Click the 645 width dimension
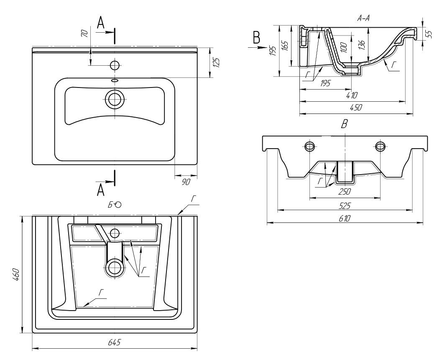(x=114, y=342)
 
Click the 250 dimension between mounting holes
(x=344, y=192)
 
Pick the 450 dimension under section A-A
(x=355, y=107)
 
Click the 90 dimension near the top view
(x=186, y=181)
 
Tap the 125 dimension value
(x=216, y=62)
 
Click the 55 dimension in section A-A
(x=428, y=33)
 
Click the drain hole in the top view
(x=114, y=99)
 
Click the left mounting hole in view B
(x=309, y=146)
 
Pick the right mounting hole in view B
(x=380, y=146)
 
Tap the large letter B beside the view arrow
(x=256, y=38)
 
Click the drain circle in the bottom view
(x=114, y=266)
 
